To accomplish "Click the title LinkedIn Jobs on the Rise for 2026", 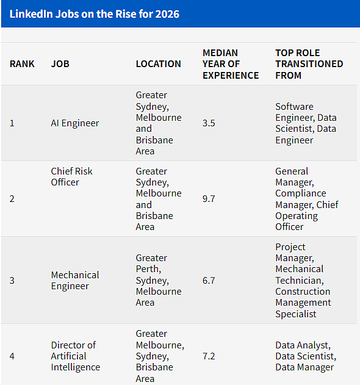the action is click(x=95, y=14).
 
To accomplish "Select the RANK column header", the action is click(x=22, y=64).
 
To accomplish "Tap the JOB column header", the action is click(x=60, y=64).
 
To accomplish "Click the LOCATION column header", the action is click(x=159, y=64).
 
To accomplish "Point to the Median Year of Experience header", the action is click(x=231, y=64).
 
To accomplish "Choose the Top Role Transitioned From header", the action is click(x=309, y=64).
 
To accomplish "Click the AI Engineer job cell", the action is click(x=75, y=123).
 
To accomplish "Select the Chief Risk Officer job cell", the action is click(x=72, y=176).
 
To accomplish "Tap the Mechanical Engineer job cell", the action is click(x=75, y=281).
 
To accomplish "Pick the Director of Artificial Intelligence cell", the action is click(x=76, y=356).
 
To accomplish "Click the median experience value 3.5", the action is click(x=209, y=123).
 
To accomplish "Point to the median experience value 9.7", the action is click(x=209, y=199).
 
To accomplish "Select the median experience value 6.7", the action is click(x=209, y=281).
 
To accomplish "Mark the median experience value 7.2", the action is click(x=209, y=356).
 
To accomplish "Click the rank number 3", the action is click(x=12, y=281).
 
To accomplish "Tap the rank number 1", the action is click(x=12, y=123).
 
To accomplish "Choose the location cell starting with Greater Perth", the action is click(x=159, y=280).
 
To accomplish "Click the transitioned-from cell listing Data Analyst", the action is click(x=306, y=356).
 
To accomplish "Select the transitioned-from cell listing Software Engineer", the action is click(x=306, y=123).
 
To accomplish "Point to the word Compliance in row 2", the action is click(x=301, y=193).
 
